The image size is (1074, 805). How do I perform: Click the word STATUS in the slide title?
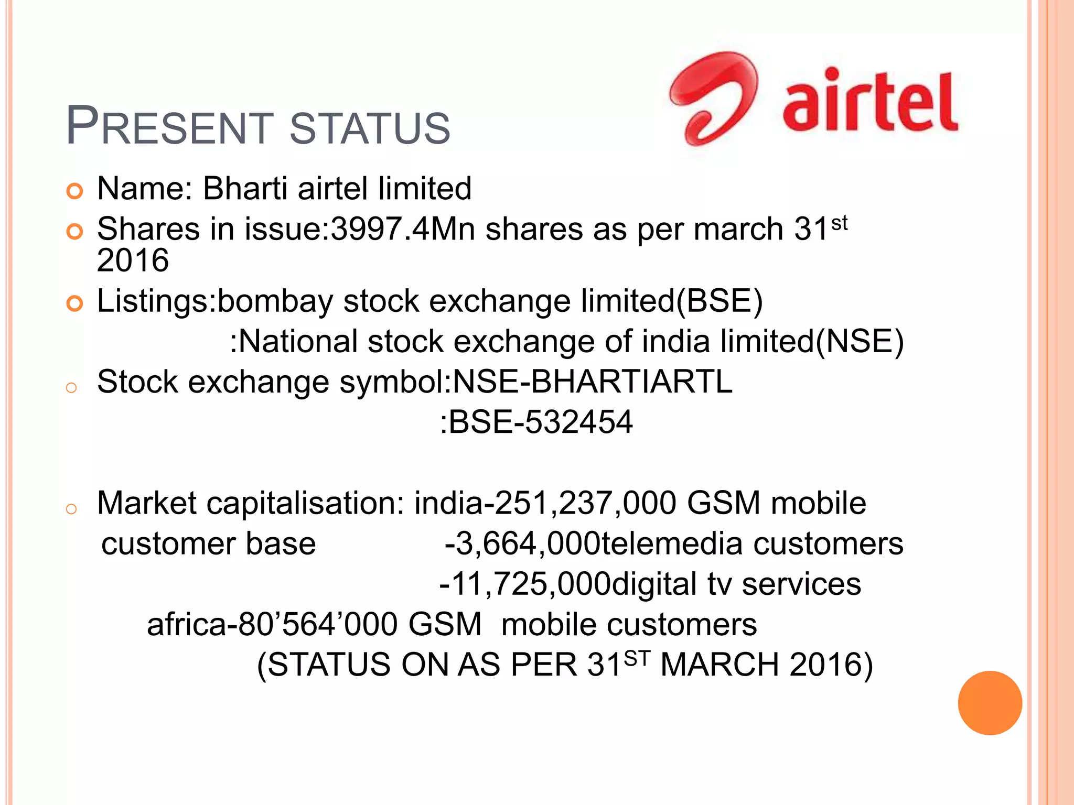(370, 128)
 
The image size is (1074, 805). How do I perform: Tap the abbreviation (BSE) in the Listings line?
(719, 301)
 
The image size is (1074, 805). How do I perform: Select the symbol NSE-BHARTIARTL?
(592, 382)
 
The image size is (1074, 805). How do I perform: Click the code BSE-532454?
(541, 422)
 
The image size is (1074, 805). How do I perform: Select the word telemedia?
(672, 543)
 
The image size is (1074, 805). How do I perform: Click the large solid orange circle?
(990, 703)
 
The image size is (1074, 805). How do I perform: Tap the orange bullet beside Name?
(75, 191)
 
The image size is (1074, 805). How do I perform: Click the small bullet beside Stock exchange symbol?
(72, 388)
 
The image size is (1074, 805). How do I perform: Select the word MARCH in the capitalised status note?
(719, 665)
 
